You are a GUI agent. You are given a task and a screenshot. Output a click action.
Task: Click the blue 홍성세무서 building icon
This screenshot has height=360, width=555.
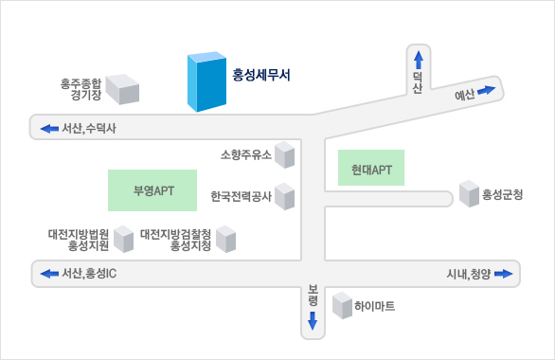[206, 82]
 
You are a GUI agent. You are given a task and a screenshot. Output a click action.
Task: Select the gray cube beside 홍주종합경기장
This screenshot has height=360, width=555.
[122, 89]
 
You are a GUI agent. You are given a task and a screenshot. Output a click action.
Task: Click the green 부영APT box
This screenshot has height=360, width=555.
[152, 189]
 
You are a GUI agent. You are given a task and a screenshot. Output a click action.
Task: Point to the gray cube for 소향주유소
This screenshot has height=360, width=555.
[286, 156]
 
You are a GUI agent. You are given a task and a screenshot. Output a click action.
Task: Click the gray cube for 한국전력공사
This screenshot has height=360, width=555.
[284, 197]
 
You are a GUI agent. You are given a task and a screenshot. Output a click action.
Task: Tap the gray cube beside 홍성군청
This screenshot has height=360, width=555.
[469, 194]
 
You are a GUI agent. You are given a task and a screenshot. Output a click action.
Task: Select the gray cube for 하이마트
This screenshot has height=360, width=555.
[342, 305]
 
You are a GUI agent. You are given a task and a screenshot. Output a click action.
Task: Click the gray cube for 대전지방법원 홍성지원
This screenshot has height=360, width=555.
[124, 239]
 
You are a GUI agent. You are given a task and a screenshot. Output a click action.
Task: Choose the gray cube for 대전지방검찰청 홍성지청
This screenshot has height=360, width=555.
[224, 239]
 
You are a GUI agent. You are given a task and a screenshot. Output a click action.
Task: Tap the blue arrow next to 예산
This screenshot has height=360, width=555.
[486, 91]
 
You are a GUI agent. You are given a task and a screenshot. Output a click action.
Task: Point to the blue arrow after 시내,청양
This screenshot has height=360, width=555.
[503, 274]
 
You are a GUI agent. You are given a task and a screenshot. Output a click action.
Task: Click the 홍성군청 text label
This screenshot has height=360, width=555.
[502, 195]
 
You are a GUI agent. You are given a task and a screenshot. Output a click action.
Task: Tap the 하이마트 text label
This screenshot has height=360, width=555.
[374, 306]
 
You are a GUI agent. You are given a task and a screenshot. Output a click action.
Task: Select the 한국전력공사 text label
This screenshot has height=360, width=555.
[241, 197]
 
